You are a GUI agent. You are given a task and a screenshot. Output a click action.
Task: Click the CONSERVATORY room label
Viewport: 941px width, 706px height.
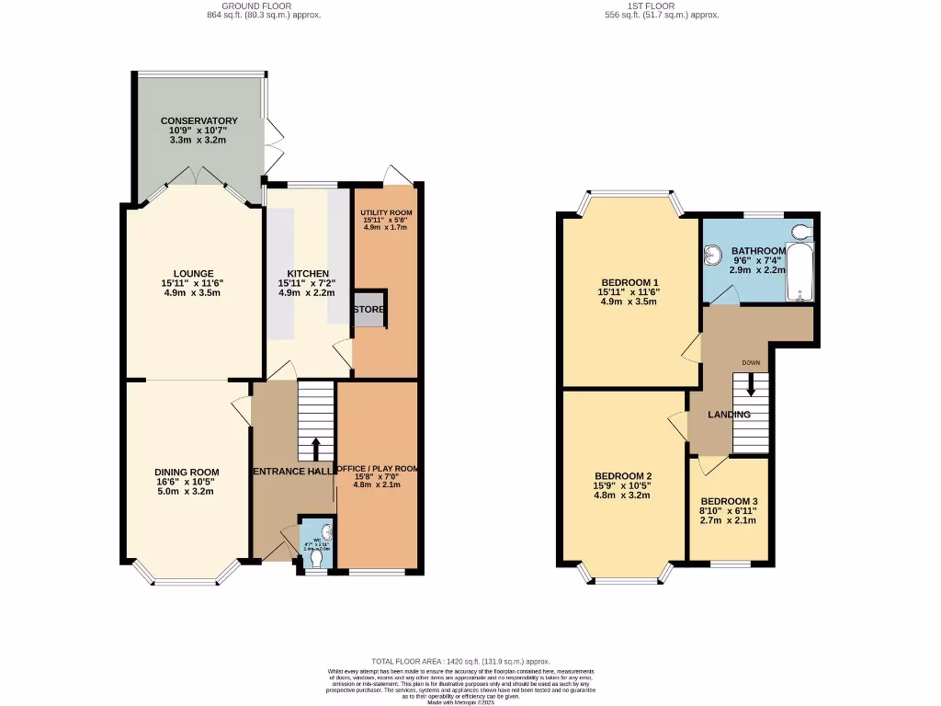coord(198,121)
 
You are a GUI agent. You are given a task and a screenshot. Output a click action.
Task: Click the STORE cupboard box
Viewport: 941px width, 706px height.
coord(369,310)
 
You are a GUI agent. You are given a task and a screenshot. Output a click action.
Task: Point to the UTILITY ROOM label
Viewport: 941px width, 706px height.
coord(385,213)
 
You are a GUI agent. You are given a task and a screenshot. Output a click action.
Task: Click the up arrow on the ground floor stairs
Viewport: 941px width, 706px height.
coord(315,449)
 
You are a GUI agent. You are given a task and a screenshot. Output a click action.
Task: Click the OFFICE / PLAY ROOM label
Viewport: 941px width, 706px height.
coord(378,469)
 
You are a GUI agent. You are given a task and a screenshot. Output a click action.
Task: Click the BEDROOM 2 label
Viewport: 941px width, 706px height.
coord(622,476)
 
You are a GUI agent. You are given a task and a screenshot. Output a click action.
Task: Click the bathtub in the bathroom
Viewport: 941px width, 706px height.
coord(800,272)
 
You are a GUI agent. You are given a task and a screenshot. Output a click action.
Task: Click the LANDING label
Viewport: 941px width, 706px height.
coord(729,415)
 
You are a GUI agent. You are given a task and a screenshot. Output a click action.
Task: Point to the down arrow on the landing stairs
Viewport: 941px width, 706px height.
coord(751,382)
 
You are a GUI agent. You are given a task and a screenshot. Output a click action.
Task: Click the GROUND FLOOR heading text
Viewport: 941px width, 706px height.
coord(265,6)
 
